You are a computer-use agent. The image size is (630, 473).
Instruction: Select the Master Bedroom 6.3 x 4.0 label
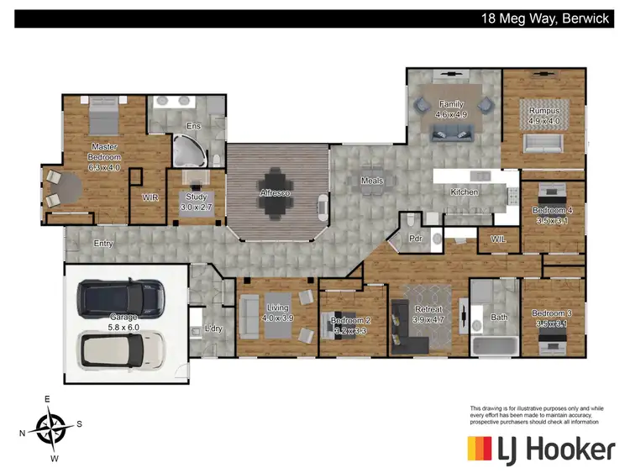(105, 157)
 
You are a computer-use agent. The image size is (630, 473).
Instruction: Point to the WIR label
(150, 197)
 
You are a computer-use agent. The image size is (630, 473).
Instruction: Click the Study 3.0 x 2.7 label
(196, 202)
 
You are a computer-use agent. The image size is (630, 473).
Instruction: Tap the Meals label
(372, 181)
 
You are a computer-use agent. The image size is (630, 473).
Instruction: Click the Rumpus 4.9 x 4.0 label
(543, 115)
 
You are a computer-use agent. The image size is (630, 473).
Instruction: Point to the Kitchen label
(465, 192)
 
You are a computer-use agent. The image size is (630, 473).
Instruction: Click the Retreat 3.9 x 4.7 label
(428, 315)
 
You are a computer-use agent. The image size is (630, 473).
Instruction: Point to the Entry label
(103, 244)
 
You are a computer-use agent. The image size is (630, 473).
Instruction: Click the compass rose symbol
(51, 427)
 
